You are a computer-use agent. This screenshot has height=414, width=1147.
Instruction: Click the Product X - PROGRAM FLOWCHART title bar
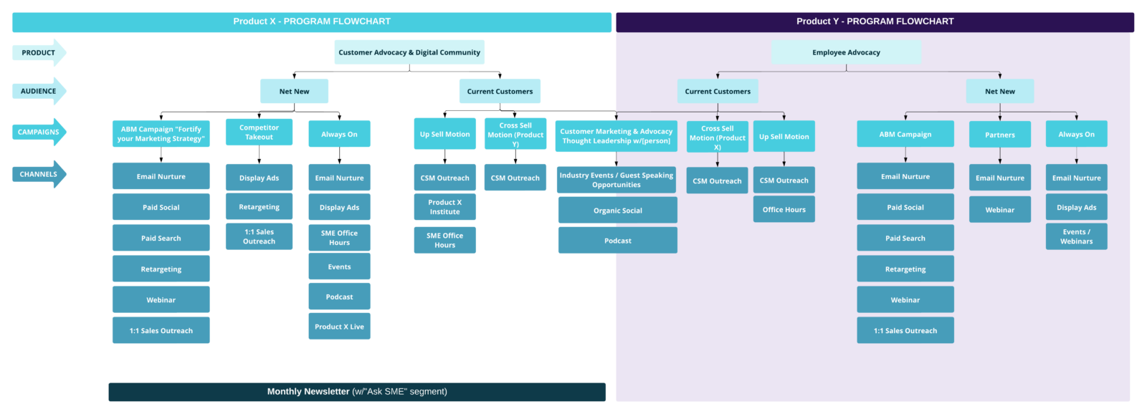311,21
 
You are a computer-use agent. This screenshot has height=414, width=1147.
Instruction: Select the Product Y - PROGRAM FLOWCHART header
875,21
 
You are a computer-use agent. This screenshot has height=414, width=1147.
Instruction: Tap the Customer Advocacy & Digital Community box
409,52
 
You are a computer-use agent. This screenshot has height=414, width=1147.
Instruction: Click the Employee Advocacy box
846,52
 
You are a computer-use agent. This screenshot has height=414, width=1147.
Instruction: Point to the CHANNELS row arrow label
39,174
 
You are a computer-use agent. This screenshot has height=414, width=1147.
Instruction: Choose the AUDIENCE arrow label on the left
39,91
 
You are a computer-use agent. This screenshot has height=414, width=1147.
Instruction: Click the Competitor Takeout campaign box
259,133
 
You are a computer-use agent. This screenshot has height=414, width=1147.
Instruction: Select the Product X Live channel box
339,327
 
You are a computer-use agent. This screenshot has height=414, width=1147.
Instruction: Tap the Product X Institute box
444,207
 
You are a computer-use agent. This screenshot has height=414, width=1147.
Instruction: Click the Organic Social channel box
617,211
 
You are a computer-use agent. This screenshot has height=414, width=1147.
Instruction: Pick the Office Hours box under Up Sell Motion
784,210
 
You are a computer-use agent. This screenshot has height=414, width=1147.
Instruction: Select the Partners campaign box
999,135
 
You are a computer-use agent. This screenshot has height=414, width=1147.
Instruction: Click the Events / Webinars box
1076,236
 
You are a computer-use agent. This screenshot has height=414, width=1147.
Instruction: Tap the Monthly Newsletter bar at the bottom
357,392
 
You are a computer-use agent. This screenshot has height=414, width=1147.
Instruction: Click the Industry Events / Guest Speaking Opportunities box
616,180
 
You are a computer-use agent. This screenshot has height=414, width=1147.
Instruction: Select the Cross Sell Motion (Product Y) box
515,134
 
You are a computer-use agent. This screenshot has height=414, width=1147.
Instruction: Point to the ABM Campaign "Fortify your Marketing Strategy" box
161,134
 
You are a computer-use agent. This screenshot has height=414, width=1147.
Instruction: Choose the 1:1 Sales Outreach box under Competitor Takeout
259,236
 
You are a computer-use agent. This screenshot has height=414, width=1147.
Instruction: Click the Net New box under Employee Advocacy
999,91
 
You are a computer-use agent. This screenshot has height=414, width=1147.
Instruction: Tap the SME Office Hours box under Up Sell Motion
444,240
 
